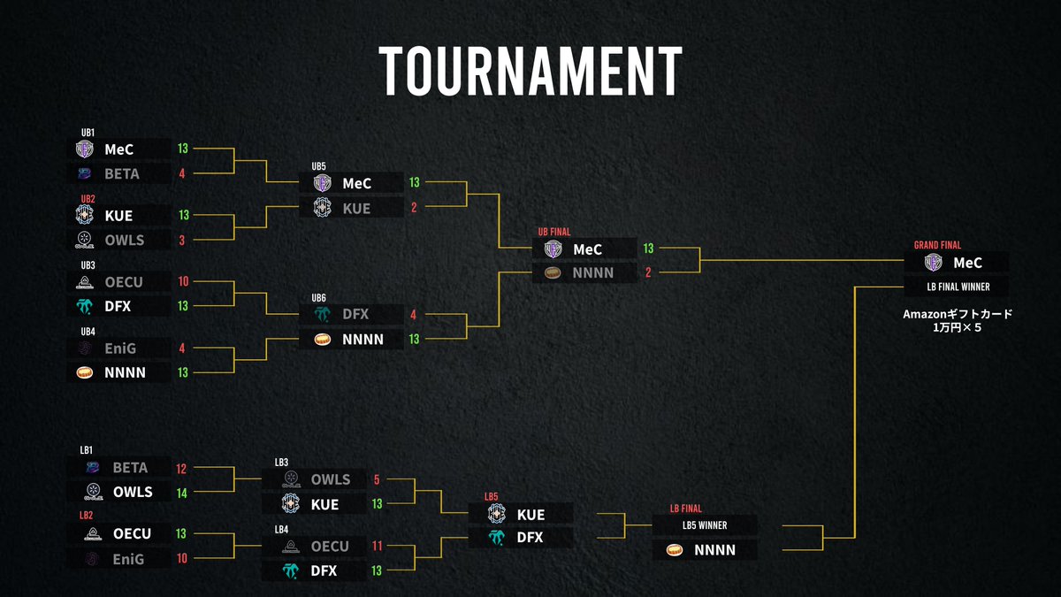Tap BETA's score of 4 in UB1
point(182,173)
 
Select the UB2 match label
point(88,199)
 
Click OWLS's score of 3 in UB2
point(182,240)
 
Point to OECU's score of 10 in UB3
point(182,282)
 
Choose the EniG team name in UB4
point(121,348)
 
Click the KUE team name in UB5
point(356,208)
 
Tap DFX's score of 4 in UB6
point(414,314)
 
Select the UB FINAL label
point(555,232)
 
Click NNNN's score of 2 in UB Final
point(648,273)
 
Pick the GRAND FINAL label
point(937,245)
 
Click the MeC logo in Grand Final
point(933,262)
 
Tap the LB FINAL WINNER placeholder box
point(957,287)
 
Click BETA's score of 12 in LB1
point(182,468)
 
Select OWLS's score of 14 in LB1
point(182,493)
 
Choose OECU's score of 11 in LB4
point(378,547)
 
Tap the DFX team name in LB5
point(530,538)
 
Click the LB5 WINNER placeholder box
point(704,525)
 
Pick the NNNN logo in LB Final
point(674,550)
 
